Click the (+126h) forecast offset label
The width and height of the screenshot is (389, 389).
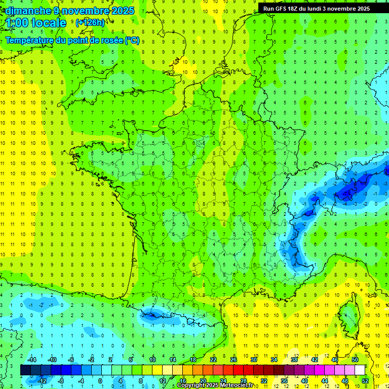pos(90,23)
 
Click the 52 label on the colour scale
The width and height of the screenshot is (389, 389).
pos(365,381)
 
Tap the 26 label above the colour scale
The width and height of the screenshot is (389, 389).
pos(234,359)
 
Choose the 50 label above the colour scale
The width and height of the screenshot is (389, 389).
pos(355,359)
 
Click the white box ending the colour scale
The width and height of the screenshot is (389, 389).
pos(360,370)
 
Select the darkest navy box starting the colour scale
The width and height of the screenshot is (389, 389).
pos(25,370)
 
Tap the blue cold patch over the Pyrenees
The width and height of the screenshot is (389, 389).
pos(152,315)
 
